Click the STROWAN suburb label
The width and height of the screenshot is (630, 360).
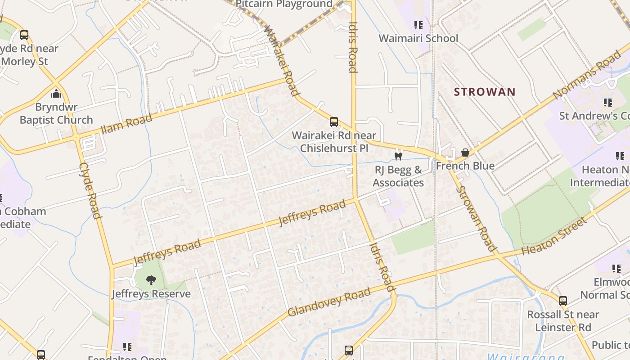(484, 92)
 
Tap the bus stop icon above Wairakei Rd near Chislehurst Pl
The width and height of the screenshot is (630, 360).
(334, 121)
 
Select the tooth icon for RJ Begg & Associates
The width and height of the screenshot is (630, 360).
(398, 156)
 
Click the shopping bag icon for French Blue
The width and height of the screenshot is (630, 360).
(465, 153)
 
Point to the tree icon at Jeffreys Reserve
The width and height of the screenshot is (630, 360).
(151, 280)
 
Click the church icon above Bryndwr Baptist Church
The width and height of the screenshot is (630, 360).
(56, 94)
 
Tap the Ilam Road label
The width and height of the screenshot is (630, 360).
(126, 123)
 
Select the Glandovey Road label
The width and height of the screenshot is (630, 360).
(329, 301)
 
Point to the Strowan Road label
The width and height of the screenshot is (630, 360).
(476, 218)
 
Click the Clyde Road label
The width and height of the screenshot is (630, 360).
(90, 191)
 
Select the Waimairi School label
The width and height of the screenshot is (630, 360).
(418, 38)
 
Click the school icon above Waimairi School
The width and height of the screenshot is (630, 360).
(418, 25)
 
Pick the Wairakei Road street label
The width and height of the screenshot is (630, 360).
(281, 60)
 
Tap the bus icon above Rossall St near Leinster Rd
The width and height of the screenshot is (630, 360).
(562, 301)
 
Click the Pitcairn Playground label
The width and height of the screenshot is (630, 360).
(284, 4)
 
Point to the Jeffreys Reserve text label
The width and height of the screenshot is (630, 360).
(151, 294)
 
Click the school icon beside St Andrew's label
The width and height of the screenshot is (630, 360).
(608, 103)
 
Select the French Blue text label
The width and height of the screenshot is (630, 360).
(465, 166)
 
